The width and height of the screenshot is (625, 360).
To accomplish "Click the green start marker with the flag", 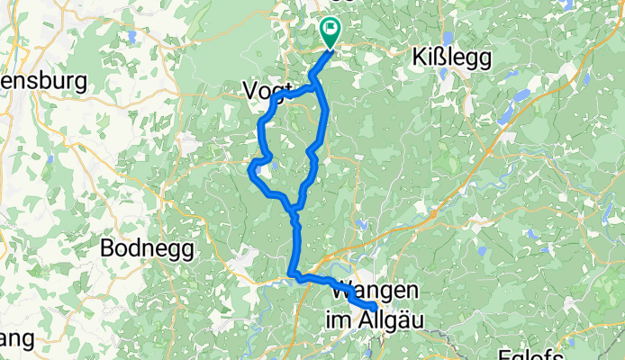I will (330, 33).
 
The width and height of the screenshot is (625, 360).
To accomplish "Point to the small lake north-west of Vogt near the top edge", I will (132, 38).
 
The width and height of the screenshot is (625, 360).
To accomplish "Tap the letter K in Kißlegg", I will (419, 58).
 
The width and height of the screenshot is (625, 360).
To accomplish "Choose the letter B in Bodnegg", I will (109, 247).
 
